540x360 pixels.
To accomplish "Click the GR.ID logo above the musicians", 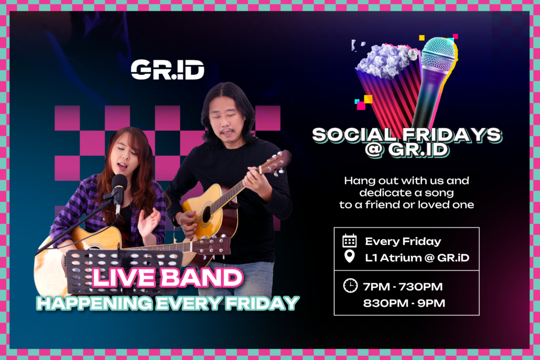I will (x=167, y=70).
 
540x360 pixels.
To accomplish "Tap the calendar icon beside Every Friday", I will (x=349, y=241).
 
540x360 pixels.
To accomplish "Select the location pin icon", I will (x=349, y=257).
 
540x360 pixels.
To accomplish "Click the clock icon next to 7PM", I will (x=350, y=286).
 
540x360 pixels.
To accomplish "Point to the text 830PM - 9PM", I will (x=404, y=303).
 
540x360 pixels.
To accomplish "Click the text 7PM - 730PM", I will (x=402, y=287).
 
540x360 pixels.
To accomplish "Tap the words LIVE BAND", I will (x=167, y=278).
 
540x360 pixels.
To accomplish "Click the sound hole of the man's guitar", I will (x=206, y=215).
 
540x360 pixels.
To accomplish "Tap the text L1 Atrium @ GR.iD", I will (x=417, y=258).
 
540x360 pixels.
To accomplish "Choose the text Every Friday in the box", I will (x=403, y=241).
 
